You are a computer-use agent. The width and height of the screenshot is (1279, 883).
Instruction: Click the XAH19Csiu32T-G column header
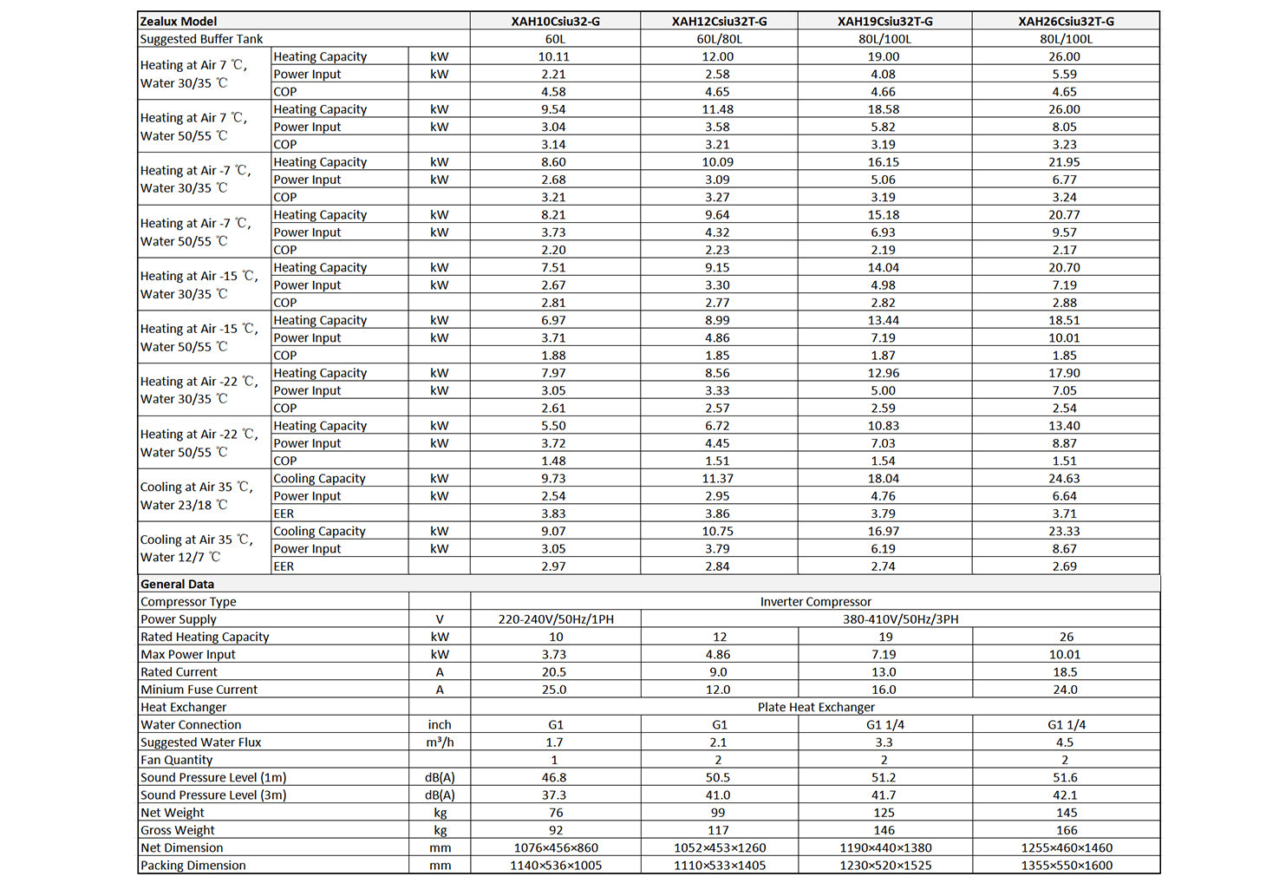click(x=884, y=21)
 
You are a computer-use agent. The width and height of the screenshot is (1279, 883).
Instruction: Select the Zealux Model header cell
click(x=179, y=21)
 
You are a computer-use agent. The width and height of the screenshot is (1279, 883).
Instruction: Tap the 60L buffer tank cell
click(x=555, y=39)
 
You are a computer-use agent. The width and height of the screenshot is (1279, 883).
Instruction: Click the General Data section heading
click(x=178, y=584)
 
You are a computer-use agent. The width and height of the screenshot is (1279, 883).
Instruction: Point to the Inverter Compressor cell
click(x=815, y=601)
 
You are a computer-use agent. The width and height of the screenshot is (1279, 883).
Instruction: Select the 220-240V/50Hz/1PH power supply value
click(x=555, y=619)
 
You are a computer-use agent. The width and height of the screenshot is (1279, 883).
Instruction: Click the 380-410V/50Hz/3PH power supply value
click(x=900, y=619)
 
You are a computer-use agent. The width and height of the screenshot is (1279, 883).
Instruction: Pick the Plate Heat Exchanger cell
click(x=815, y=707)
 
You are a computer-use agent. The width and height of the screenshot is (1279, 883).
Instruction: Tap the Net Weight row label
click(x=173, y=813)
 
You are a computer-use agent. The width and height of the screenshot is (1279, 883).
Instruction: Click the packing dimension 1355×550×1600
click(x=1066, y=865)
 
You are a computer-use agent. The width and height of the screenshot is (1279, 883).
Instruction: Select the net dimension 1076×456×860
click(x=555, y=847)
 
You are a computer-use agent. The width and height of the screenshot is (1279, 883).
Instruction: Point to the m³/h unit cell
click(x=440, y=742)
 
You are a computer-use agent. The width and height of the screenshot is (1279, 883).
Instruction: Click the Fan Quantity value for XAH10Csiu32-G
click(x=555, y=760)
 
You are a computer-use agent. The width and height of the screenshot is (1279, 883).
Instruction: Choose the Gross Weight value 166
click(x=1066, y=830)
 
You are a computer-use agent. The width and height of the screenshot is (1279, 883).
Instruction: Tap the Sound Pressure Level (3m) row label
click(x=213, y=795)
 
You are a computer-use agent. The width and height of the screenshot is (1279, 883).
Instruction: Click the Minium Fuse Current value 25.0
click(x=554, y=690)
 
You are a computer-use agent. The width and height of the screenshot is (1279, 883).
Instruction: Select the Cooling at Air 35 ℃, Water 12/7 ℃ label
click(x=197, y=548)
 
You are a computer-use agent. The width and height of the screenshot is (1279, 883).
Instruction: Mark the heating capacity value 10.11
click(x=554, y=56)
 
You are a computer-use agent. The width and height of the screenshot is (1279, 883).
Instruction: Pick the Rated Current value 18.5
click(x=1065, y=672)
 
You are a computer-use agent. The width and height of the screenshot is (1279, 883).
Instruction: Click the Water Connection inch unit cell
click(x=440, y=724)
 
